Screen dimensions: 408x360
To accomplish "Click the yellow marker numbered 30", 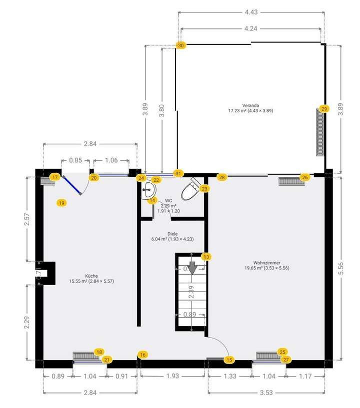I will pos(181,45).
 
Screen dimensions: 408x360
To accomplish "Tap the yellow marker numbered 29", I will pos(324,109).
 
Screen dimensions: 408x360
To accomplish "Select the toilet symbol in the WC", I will pos(192,189).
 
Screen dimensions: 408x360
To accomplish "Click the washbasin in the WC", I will pos(148,189).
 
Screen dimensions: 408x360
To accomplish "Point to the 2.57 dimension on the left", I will pos(28,218).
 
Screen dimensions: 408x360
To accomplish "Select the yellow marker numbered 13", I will pos(206,257).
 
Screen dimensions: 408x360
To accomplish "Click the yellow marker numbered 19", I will pos(61,203).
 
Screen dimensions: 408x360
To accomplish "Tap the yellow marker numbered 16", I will pos(143,355).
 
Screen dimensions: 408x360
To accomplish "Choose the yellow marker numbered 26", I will pos(305,177).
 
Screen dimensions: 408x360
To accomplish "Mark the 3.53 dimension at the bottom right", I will pos(266,393).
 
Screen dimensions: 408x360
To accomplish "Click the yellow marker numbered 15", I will pos(229,359).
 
